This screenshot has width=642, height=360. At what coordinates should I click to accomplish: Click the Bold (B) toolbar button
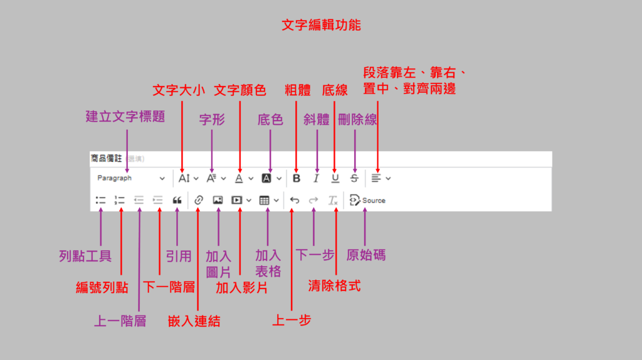(297, 178)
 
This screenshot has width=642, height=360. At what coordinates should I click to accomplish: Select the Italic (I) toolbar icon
(316, 178)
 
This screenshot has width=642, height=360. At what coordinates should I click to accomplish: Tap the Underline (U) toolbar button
(335, 178)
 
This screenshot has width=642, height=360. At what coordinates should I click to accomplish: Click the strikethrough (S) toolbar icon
(354, 178)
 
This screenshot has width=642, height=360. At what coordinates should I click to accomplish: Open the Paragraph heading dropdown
(131, 178)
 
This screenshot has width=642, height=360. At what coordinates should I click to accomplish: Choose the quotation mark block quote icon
(177, 201)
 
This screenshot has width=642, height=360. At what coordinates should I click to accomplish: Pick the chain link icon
(198, 201)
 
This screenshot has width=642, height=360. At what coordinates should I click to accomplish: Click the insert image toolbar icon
(218, 201)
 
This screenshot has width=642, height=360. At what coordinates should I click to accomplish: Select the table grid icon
(264, 201)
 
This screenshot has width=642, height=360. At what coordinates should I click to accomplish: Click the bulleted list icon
(100, 201)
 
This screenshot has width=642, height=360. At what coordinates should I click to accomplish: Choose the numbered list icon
(120, 201)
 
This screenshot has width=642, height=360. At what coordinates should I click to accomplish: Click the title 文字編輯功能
(321, 26)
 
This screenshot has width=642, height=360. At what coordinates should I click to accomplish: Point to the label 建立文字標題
(125, 117)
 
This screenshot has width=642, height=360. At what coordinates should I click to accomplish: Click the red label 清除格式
(335, 286)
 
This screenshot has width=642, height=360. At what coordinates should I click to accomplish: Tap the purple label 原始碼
(366, 255)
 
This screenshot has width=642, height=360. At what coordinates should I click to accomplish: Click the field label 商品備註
(107, 159)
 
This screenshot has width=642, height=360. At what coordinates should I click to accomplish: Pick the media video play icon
(237, 201)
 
